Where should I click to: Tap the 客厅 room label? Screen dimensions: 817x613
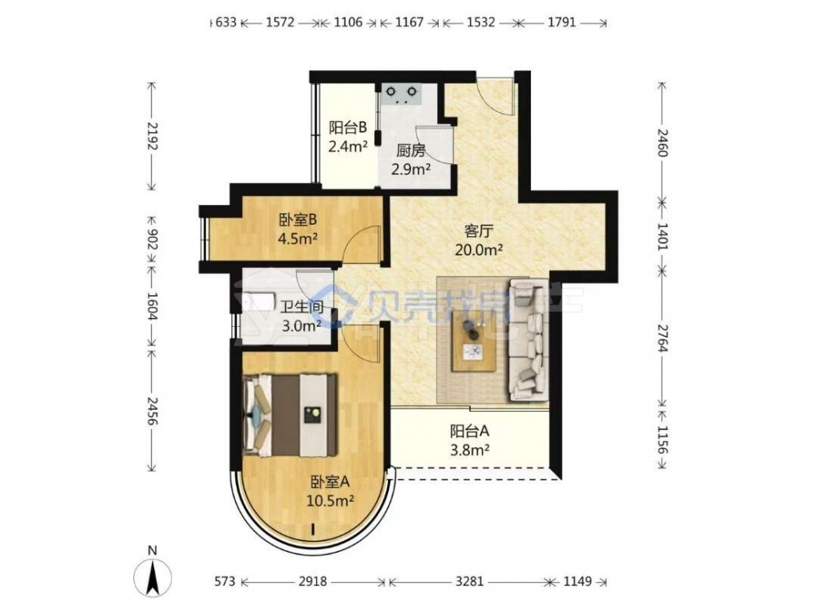pos(479,230)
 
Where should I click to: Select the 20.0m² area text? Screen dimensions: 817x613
pos(479,250)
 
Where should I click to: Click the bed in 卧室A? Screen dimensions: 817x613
pos(290,414)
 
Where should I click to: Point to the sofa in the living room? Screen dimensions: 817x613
pos(528,339)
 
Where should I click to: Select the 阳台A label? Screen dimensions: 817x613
pos(470,431)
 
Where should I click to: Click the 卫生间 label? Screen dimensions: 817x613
pos(301,307)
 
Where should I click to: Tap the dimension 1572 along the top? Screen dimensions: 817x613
pos(280,22)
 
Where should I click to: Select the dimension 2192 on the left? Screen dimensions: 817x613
pos(152,136)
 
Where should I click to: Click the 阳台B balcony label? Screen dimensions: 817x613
pos(347,128)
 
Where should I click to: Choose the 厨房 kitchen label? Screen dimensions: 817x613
pos(411,151)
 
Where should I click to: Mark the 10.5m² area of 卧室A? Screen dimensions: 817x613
pos(330,502)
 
